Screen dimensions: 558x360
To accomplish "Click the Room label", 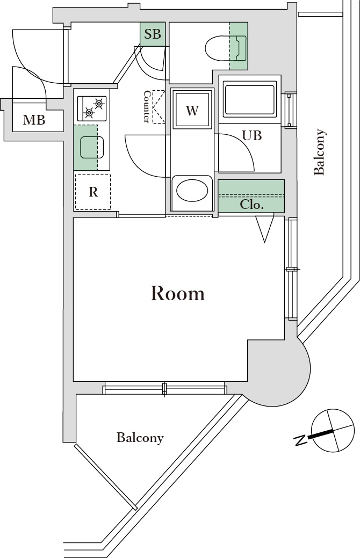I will (x=178, y=293).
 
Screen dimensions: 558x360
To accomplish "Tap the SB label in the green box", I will (x=153, y=34).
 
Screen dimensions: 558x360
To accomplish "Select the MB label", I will (x=34, y=120).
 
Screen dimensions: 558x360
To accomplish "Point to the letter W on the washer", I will (x=192, y=111).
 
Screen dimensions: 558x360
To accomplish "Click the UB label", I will (x=251, y=136).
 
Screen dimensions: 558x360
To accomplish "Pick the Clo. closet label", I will (x=251, y=205).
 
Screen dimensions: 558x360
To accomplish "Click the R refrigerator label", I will (x=93, y=192).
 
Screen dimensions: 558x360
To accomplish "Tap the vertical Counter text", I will (x=146, y=106).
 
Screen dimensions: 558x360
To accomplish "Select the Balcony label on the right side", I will (x=320, y=152).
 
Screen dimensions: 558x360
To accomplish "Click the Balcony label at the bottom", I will (x=140, y=438).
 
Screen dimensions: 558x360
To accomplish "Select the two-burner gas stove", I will (x=92, y=107).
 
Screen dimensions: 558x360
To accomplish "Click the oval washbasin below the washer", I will (x=192, y=191).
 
